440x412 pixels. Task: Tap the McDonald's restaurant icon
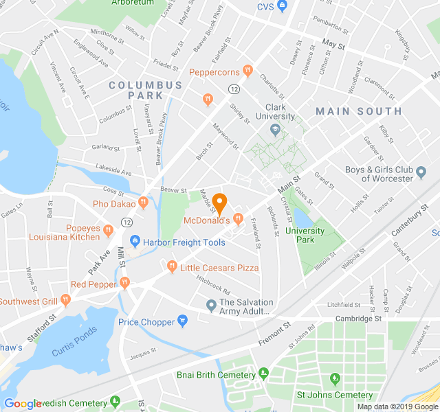[x=239, y=220]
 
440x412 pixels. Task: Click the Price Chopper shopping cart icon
[x=183, y=320]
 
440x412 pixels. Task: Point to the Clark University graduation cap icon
[x=275, y=129]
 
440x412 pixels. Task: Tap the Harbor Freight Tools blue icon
[x=135, y=242]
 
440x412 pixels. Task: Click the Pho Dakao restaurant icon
[x=143, y=203]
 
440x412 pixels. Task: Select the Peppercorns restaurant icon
[x=248, y=71]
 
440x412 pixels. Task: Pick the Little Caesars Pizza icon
[x=172, y=266]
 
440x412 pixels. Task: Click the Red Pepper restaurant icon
[x=124, y=282]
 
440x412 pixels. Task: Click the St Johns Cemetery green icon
[x=335, y=379]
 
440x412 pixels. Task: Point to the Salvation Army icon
[x=211, y=304]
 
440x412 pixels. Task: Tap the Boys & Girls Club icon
[x=421, y=178]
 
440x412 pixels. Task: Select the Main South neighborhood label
[x=358, y=111]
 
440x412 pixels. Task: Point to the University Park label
[x=305, y=235]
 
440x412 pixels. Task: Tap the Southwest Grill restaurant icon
[x=65, y=299]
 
